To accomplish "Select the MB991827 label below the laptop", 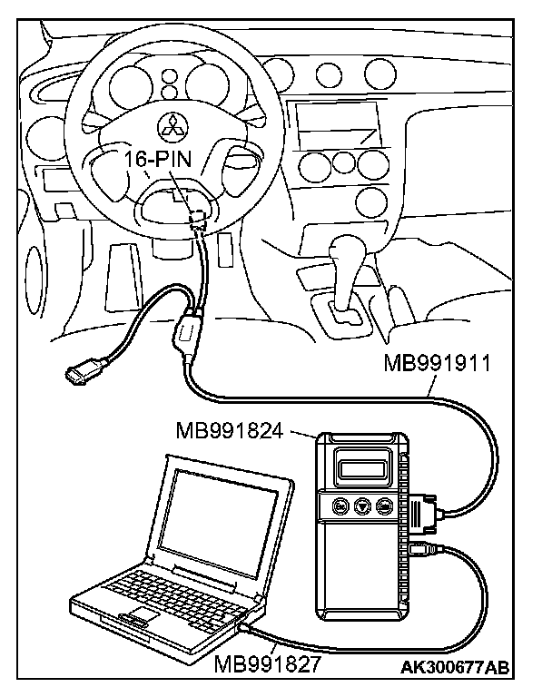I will coord(268,663).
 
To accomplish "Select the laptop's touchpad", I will coord(137,620).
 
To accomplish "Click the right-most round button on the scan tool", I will coord(385,507).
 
